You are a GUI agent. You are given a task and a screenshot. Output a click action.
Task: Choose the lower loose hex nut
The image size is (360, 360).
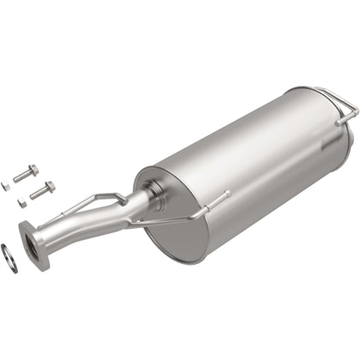pos(21,203)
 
